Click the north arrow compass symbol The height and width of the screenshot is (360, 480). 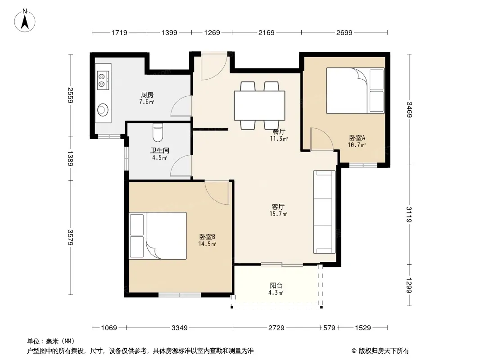(25, 21)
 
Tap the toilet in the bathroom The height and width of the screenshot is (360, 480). (158, 133)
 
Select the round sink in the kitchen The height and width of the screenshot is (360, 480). (103, 110)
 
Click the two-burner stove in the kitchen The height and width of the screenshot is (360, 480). (103, 80)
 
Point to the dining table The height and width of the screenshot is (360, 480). (260, 105)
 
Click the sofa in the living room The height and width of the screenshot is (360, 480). (324, 212)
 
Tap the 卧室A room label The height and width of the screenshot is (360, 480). (357, 138)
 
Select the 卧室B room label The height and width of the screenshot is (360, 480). (207, 237)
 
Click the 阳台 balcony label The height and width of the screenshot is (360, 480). (276, 286)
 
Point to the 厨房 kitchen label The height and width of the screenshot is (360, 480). (147, 95)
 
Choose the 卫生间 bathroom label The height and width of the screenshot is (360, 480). (159, 150)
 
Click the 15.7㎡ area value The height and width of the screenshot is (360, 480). (278, 214)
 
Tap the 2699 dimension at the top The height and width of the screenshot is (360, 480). (344, 32)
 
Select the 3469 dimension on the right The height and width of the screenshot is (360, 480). (409, 109)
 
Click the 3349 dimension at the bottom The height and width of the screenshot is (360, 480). (179, 328)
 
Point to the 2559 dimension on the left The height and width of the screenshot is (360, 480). (71, 95)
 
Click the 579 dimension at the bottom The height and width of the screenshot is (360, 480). (330, 328)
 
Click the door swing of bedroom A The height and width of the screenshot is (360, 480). (322, 139)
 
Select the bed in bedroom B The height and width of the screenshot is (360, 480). (158, 236)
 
